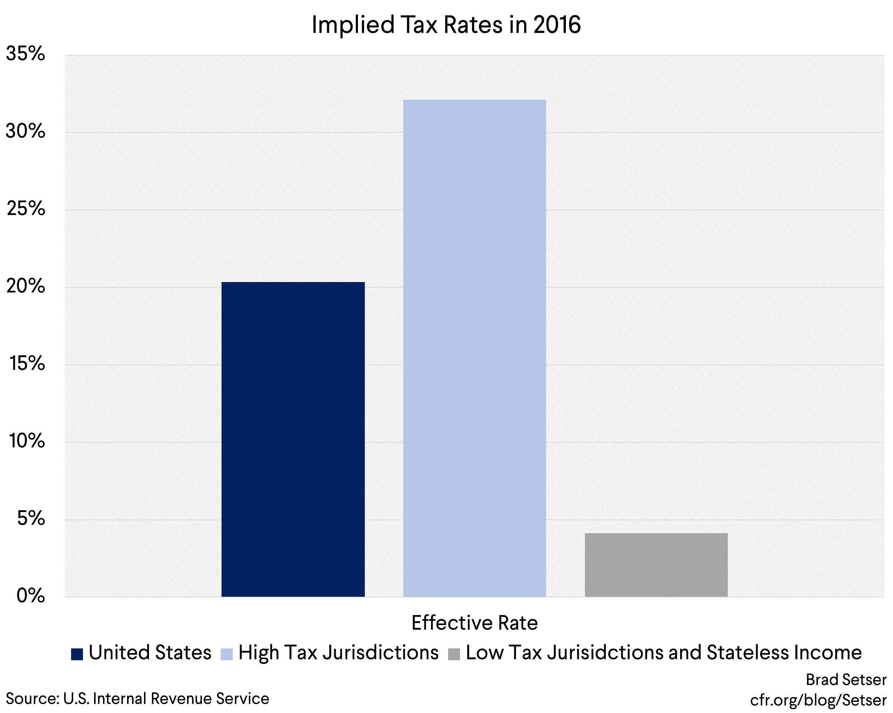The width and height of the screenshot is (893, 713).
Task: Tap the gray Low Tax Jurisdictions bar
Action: [x=656, y=565]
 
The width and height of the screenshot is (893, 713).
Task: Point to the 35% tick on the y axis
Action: [x=26, y=54]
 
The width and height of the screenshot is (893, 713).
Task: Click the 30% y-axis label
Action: [x=26, y=131]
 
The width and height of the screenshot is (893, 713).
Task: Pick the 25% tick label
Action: [x=26, y=208]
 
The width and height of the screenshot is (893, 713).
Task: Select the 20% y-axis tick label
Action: [x=26, y=286]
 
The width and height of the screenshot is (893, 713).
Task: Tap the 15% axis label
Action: [x=27, y=363]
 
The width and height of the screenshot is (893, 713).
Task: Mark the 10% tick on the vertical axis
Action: [x=27, y=441]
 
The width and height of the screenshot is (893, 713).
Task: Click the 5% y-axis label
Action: [x=31, y=518]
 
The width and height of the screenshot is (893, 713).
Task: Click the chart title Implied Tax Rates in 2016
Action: [x=446, y=25]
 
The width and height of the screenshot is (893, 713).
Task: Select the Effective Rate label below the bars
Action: [x=474, y=623]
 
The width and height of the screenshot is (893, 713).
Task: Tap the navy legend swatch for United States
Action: [x=77, y=654]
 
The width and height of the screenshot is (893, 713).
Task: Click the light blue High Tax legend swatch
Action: [x=227, y=654]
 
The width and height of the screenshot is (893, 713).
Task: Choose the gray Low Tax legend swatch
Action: [x=454, y=654]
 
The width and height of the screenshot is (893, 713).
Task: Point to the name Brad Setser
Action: [x=846, y=680]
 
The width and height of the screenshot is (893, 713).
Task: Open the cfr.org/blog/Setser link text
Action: [x=818, y=700]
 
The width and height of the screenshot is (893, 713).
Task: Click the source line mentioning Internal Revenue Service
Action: [x=138, y=699]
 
